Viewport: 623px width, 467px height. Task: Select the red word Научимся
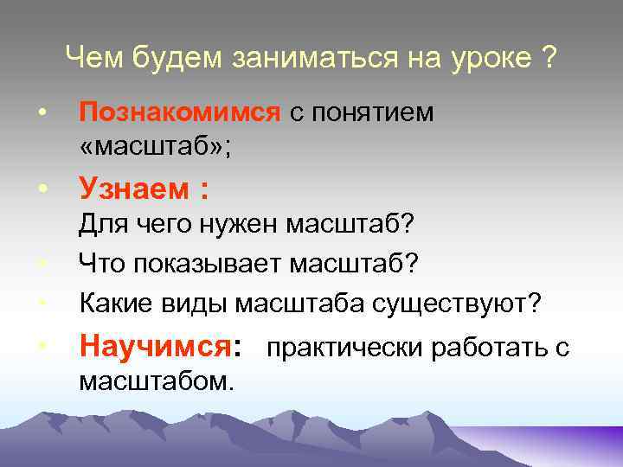click(x=154, y=348)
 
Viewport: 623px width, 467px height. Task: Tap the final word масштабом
click(x=156, y=380)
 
